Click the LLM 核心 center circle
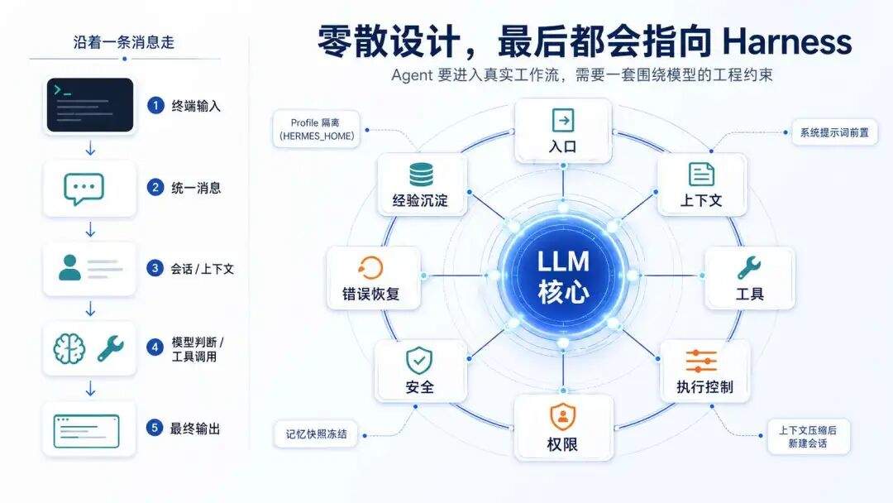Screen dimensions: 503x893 click(x=563, y=275)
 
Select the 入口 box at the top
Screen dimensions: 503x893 click(x=563, y=131)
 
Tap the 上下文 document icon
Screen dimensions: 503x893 click(x=701, y=174)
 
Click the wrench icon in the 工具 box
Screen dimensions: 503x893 click(x=749, y=267)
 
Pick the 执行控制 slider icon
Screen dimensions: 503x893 click(x=701, y=361)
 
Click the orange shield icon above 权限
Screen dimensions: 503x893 click(x=563, y=417)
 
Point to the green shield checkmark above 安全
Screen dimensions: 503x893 click(x=419, y=360)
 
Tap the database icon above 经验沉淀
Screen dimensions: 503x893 click(x=421, y=174)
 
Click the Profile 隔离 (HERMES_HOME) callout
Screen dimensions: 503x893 click(x=318, y=129)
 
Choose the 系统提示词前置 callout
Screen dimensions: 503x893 click(x=834, y=132)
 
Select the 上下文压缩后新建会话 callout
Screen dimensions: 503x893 click(x=808, y=437)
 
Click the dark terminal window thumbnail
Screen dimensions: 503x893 click(x=90, y=105)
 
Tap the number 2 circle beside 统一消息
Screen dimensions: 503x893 click(x=155, y=187)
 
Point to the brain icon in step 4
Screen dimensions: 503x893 click(x=69, y=348)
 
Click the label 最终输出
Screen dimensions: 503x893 click(x=195, y=429)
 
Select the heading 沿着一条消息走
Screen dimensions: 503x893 click(x=124, y=43)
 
